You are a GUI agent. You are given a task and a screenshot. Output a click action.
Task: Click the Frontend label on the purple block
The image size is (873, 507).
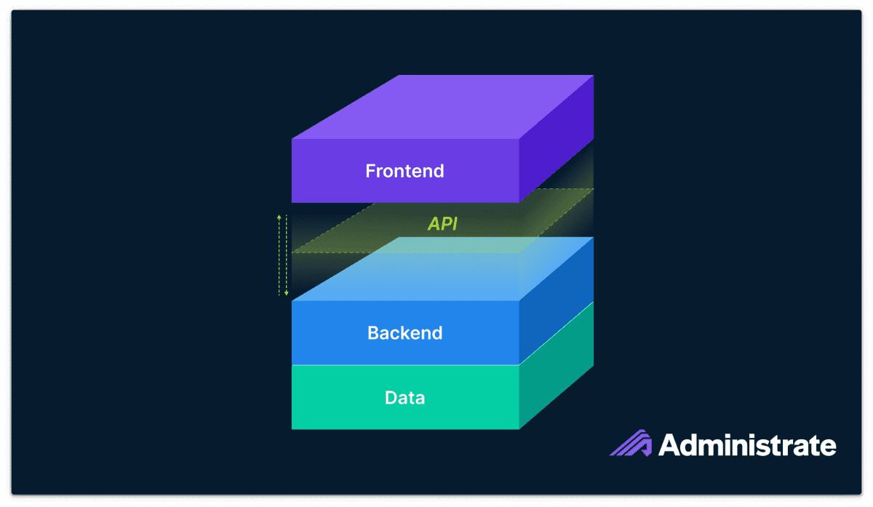coord(404,172)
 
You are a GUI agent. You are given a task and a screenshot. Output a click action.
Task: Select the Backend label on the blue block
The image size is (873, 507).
coord(404,333)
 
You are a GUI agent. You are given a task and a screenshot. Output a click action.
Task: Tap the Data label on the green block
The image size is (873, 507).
coord(404,398)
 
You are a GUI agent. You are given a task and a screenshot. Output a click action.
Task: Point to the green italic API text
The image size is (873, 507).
coord(442,224)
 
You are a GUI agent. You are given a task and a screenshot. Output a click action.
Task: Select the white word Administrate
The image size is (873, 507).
coord(747,444)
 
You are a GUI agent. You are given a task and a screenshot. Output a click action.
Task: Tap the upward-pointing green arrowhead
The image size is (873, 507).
coord(279,217)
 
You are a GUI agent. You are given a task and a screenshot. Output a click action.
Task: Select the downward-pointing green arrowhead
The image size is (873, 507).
coord(287,293)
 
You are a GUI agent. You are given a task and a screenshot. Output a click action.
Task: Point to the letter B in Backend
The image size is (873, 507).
coord(372,333)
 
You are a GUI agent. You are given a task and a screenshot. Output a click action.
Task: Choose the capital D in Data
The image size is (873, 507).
coord(390,398)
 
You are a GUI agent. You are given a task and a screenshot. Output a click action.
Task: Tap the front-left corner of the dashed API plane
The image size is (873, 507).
coord(292,253)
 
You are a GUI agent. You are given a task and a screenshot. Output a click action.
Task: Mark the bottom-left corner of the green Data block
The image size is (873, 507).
coord(292,428)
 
